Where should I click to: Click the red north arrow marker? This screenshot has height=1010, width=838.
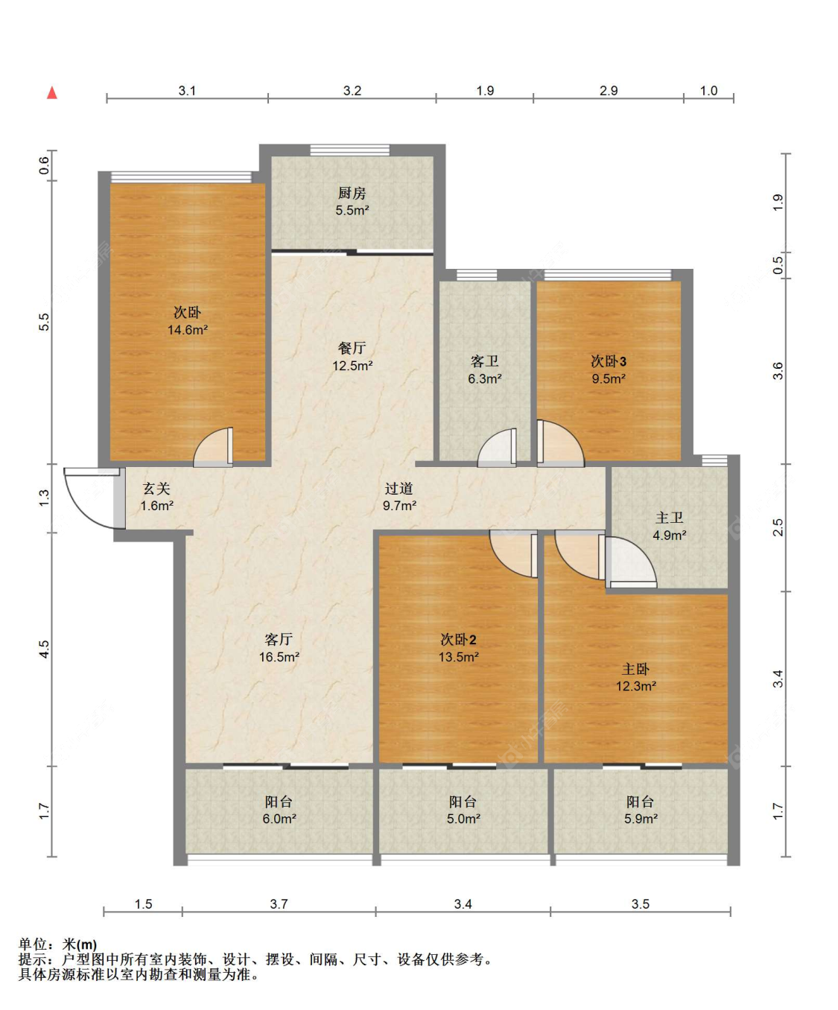52,93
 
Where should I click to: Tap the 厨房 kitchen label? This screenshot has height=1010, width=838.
352,194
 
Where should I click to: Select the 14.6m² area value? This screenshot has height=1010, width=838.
188,330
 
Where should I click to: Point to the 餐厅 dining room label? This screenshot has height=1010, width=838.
352,349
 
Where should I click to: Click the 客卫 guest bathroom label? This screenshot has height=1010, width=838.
484,361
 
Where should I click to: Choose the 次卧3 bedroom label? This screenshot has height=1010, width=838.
608,361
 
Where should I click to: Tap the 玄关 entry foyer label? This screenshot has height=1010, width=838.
156,489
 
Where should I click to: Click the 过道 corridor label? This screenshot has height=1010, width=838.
399,489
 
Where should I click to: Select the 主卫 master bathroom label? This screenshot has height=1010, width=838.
669,518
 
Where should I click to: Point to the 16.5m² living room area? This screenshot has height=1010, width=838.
279,657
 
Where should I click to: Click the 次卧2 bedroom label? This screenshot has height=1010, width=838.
458,640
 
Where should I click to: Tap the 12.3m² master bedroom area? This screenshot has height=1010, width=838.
635,686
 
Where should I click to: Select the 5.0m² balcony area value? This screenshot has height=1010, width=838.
463,819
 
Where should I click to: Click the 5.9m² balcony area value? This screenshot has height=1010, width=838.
641,819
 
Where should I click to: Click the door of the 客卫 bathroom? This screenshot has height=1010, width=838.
497,448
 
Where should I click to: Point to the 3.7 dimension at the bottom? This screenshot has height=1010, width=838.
279,903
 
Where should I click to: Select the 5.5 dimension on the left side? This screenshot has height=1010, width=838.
44,322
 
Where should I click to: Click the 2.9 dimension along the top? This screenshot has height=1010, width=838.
608,90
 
